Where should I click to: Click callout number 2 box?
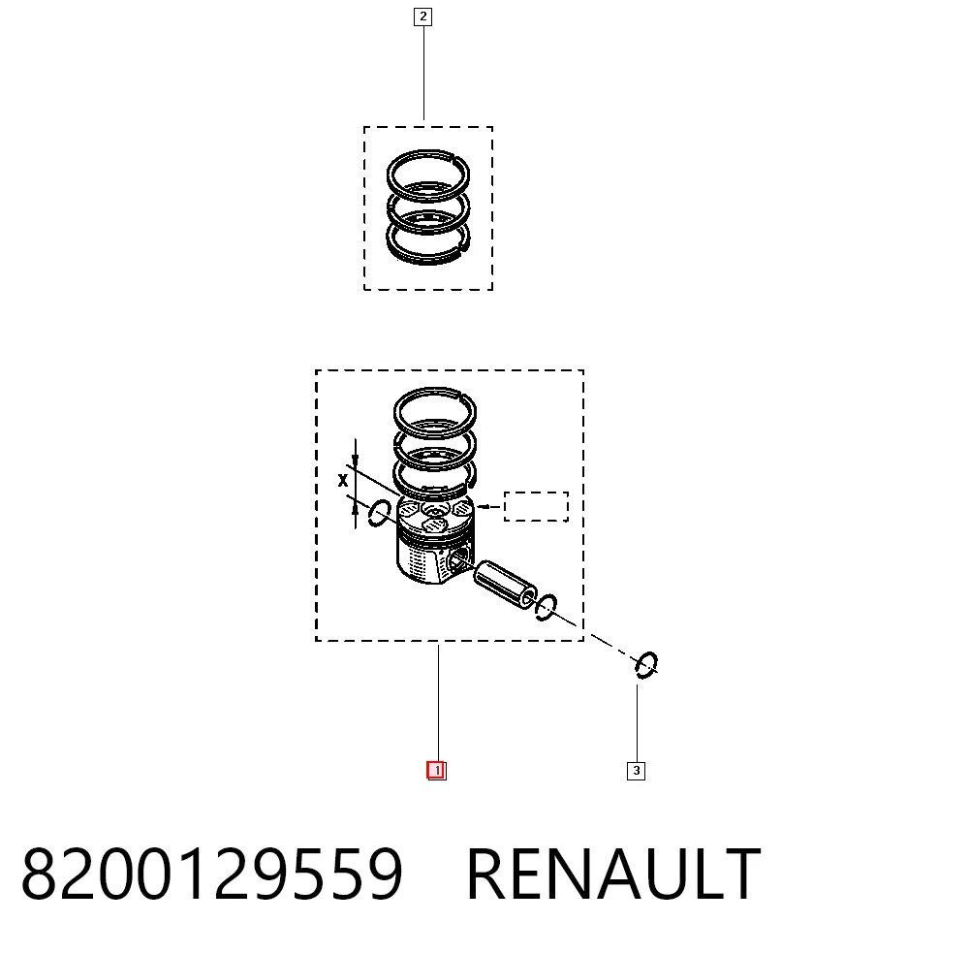tap(422, 16)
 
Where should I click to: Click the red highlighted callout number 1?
tap(436, 771)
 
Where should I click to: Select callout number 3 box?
tap(636, 771)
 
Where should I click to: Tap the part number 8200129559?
tap(212, 874)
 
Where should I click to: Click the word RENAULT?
tap(613, 874)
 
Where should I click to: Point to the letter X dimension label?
tap(343, 480)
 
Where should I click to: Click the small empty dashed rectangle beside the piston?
tap(536, 506)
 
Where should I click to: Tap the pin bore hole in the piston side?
tap(458, 560)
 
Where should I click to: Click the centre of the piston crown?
tap(435, 513)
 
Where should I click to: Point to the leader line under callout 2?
tap(423, 73)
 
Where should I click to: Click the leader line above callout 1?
tap(438, 703)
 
